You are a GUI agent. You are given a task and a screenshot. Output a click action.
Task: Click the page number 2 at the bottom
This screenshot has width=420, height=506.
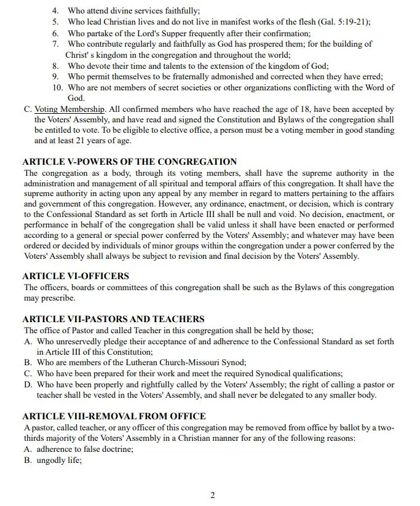tap(213, 496)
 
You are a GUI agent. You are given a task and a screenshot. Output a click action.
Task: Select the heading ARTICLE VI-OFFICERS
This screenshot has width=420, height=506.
tap(76, 277)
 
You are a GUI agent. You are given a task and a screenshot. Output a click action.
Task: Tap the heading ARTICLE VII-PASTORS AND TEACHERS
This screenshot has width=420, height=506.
tap(113, 320)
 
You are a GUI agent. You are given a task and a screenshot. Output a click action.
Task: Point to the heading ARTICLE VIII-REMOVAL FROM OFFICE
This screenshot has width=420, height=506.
tap(114, 416)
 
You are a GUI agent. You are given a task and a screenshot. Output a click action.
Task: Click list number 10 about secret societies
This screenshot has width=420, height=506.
tap(57, 87)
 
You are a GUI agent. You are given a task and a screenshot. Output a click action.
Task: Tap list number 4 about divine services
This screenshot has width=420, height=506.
tap(55, 11)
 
